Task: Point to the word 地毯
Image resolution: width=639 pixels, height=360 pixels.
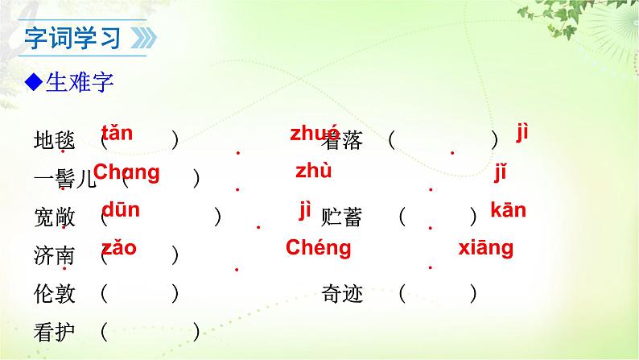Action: tap(55, 141)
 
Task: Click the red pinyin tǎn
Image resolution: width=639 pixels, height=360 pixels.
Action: tap(117, 134)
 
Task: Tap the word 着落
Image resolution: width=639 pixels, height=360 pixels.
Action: tap(342, 141)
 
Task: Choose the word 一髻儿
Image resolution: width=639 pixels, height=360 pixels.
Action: tap(65, 179)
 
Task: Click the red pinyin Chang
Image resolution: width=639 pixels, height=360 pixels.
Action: tap(127, 172)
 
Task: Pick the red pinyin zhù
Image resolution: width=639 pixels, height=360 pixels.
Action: tap(314, 171)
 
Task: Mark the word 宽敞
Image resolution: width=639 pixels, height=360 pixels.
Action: tap(55, 217)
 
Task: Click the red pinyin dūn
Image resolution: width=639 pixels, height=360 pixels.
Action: tap(121, 210)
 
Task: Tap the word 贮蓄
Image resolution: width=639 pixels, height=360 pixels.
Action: tap(342, 217)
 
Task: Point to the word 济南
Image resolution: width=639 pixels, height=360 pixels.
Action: tap(55, 255)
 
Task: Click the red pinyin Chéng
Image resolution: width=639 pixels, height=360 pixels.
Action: tap(318, 248)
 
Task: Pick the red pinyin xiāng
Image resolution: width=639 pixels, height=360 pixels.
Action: tap(485, 248)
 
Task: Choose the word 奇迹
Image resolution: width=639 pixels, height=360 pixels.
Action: tap(342, 294)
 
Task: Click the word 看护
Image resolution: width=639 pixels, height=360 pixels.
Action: tap(55, 331)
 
